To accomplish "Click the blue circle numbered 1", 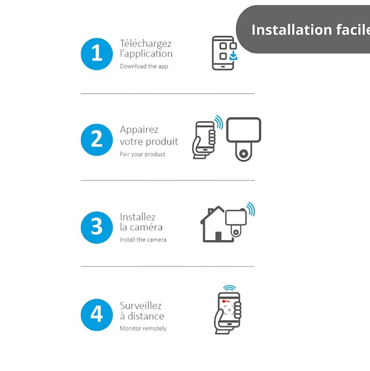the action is coord(97,54).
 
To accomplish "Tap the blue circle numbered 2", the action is coord(97,140).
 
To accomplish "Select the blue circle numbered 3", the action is coord(97,227).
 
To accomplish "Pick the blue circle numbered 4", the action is coord(97,315).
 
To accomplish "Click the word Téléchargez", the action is coord(146,44).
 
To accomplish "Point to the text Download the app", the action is coord(144,66).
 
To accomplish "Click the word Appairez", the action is coord(139,130).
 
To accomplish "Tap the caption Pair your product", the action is coord(143,154).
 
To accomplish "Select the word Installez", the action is coord(137,217).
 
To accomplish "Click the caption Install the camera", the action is coord(143,240).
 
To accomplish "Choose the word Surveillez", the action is coord(141,306).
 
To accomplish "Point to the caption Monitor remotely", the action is coord(143,329).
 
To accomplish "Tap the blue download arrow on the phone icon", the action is coord(233,56).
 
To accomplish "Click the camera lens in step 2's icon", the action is coord(244,154).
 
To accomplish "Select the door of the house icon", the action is coord(218,237).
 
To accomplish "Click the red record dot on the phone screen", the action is coord(224,301).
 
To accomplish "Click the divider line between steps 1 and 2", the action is coord(167,94).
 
